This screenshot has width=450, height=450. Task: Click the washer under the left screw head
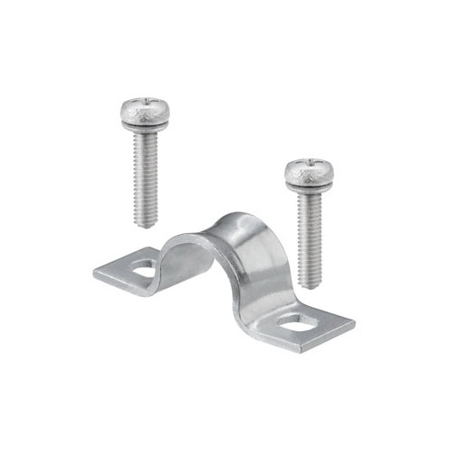(145, 128)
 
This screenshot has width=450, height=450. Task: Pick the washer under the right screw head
(310, 186)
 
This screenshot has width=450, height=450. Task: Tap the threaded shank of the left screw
(147, 175)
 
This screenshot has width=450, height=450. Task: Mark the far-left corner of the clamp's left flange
(94, 270)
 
